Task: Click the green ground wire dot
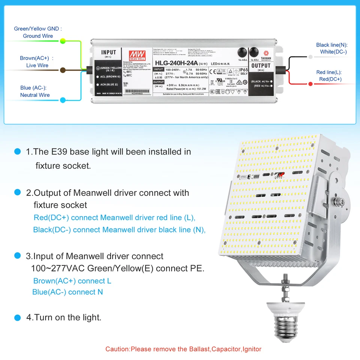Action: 63,40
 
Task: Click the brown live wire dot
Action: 63,69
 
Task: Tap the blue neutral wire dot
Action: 63,100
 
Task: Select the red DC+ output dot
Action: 310,84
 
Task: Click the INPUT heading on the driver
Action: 109,52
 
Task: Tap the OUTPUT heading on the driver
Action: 261,66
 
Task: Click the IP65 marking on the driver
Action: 244,69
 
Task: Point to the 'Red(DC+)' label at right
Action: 330,79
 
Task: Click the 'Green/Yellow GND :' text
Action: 38,28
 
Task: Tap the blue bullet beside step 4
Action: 17,318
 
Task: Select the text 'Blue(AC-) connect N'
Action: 67,292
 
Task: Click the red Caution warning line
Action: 183,349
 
